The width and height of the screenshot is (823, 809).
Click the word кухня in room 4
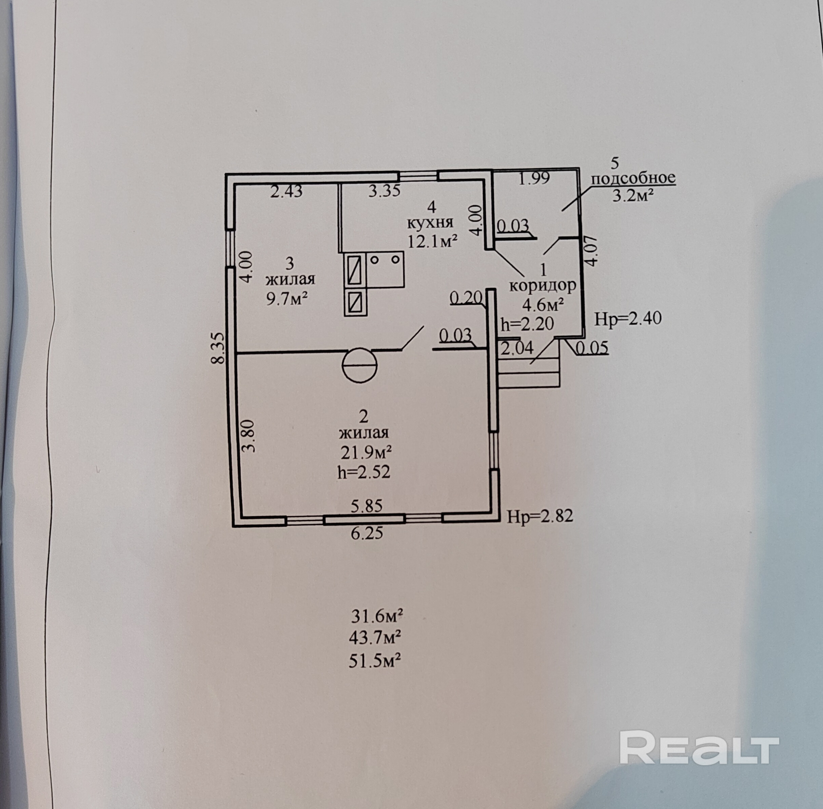[431, 223]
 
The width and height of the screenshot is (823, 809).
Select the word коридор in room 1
[543, 285]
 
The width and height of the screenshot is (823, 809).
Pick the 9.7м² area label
[287, 299]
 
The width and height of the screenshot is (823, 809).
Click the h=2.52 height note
[364, 472]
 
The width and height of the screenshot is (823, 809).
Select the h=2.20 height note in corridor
[527, 324]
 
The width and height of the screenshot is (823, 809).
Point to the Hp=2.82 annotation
[540, 516]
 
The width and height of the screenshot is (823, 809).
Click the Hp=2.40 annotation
[627, 318]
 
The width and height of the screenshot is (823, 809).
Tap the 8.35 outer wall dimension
[218, 348]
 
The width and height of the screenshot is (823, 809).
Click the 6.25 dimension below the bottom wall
[367, 533]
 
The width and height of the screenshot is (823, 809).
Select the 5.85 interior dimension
[367, 506]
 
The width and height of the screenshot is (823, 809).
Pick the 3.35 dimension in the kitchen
[384, 191]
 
